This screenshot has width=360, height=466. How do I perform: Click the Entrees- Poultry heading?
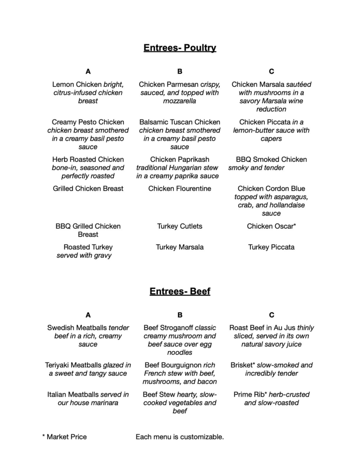[180, 48]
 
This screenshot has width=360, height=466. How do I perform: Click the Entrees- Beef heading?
[180, 292]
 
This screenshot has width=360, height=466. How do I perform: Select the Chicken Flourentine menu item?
[180, 188]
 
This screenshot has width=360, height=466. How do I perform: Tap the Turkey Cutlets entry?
[180, 226]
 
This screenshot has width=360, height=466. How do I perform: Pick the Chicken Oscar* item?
[271, 226]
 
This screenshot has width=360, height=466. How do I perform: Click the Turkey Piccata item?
[271, 247]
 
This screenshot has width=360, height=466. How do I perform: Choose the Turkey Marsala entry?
[180, 247]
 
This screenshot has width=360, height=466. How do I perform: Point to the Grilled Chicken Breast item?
[88, 188]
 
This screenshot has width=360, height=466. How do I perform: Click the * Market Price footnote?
[64, 437]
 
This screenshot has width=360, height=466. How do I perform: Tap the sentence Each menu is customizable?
[180, 437]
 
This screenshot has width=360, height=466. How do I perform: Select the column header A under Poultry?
[88, 71]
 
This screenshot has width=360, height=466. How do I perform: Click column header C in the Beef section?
[271, 315]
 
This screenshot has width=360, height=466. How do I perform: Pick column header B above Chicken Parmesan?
[180, 71]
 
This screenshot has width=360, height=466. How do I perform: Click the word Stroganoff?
[177, 328]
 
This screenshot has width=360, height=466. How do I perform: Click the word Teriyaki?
[60, 365]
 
